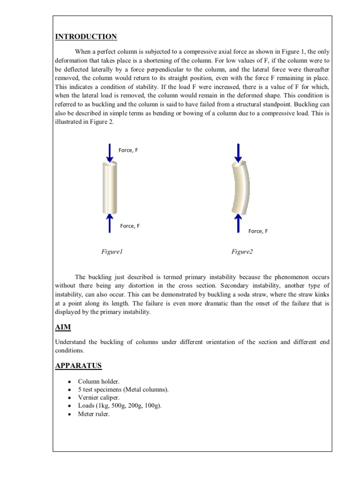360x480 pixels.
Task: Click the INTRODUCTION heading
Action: [x=86, y=37]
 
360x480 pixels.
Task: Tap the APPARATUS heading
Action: [x=78, y=366]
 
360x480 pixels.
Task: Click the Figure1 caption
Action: [x=112, y=252]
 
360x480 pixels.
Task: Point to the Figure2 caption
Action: [x=242, y=252]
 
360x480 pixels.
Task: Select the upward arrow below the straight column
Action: [x=109, y=223]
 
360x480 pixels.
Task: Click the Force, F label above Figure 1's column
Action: [x=128, y=150]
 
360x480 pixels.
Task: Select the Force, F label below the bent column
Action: [x=258, y=231]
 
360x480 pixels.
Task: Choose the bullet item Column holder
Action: [x=96, y=382]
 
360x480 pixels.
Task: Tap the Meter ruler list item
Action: [x=94, y=414]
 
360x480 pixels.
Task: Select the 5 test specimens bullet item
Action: [x=123, y=390]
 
